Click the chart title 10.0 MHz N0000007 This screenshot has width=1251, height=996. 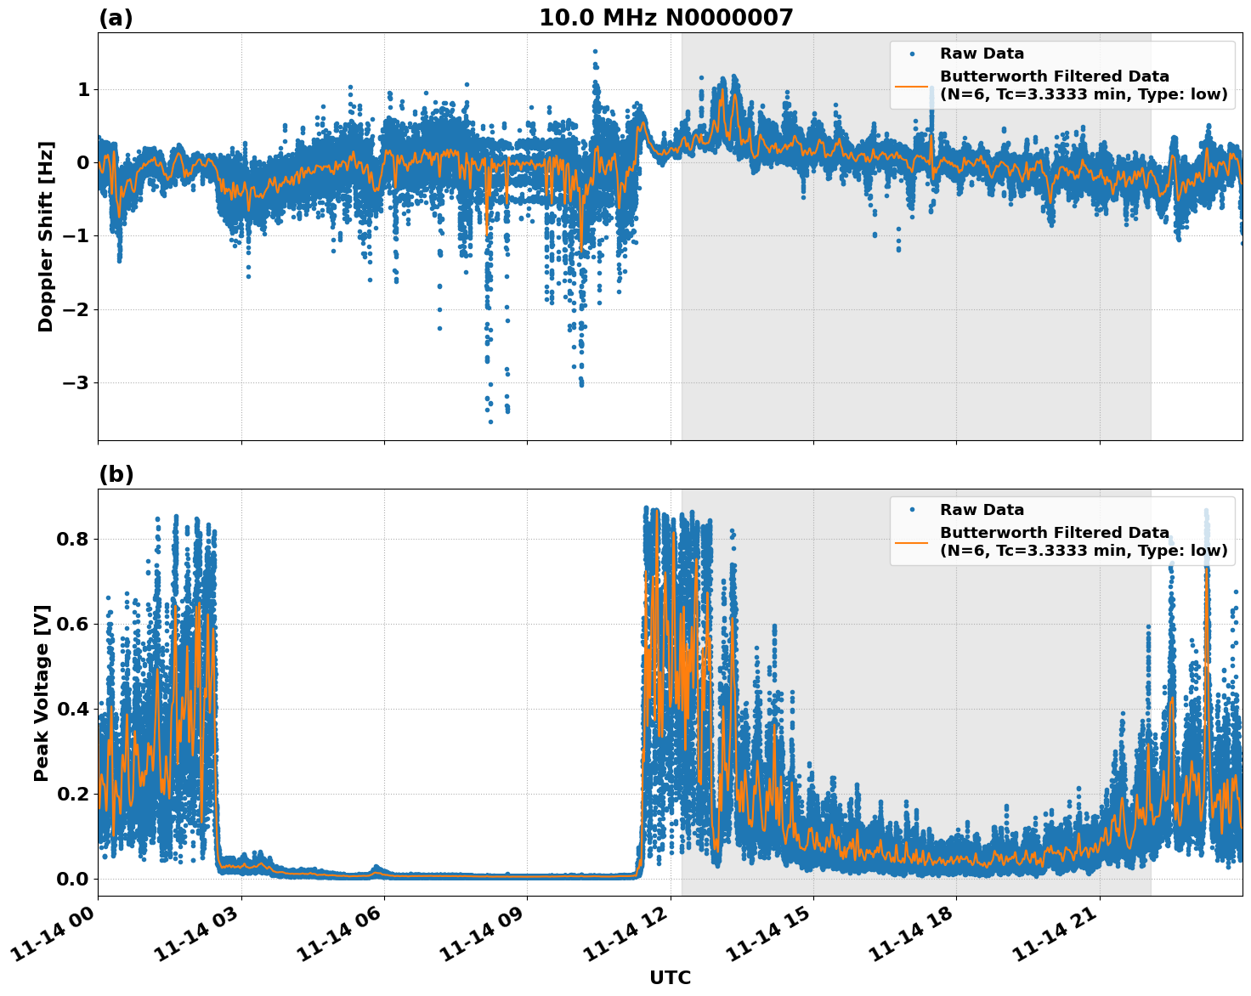pyautogui.click(x=665, y=18)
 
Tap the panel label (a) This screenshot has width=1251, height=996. pyautogui.click(x=116, y=18)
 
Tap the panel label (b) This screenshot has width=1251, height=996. pyautogui.click(x=116, y=474)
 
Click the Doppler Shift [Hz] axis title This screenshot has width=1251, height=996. pyautogui.click(x=46, y=236)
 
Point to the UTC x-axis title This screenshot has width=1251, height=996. pyautogui.click(x=670, y=977)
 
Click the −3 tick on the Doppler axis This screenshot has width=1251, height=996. pyautogui.click(x=76, y=382)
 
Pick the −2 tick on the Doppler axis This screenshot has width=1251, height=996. pyautogui.click(x=76, y=309)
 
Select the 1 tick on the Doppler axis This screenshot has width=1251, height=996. pyautogui.click(x=83, y=89)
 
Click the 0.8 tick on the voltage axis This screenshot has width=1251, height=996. pyautogui.click(x=73, y=539)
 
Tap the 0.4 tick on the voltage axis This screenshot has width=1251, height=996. pyautogui.click(x=73, y=709)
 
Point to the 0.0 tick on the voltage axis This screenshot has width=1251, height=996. pyautogui.click(x=73, y=879)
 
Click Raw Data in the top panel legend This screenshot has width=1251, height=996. pyautogui.click(x=982, y=54)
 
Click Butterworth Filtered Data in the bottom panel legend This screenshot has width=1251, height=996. pyautogui.click(x=1054, y=533)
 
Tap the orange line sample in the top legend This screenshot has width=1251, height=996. pyautogui.click(x=912, y=86)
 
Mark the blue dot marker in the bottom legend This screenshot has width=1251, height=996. pyautogui.click(x=912, y=510)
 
